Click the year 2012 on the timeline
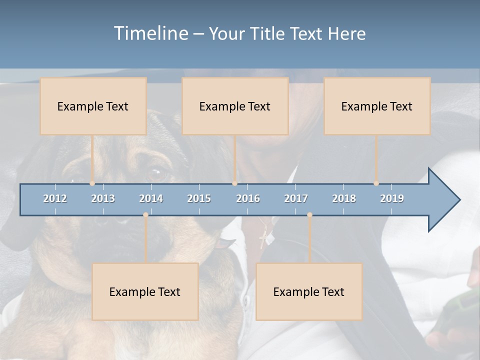click(x=55, y=198)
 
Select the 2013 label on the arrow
click(x=103, y=198)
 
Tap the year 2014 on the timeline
click(x=151, y=198)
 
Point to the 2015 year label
click(x=199, y=198)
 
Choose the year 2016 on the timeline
click(x=248, y=198)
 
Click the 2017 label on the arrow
click(x=296, y=198)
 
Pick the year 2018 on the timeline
click(x=344, y=198)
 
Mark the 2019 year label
click(x=392, y=198)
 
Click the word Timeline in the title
click(x=150, y=33)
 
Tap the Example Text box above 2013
click(x=93, y=106)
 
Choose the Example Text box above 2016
click(x=235, y=106)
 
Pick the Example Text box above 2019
click(x=377, y=106)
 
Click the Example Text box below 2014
click(x=145, y=291)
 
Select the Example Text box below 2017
click(x=309, y=291)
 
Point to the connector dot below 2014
click(x=145, y=215)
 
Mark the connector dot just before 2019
click(x=376, y=183)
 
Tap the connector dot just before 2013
click(x=92, y=183)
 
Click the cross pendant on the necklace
click(x=262, y=239)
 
